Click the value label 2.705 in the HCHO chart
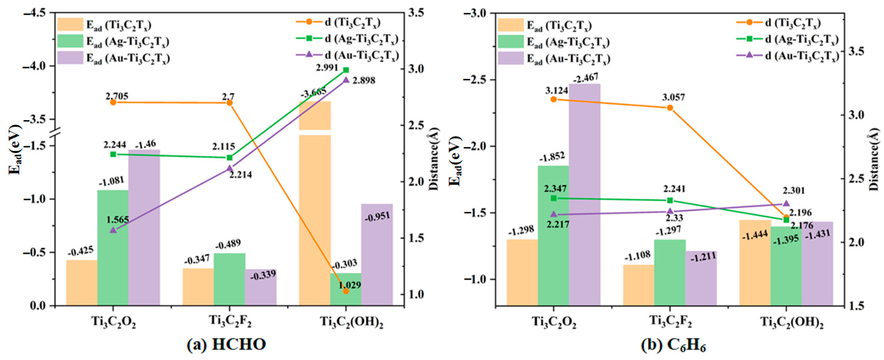coord(117,96)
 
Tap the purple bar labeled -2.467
coord(585,192)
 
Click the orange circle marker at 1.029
coord(346,291)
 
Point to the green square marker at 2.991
coord(346,70)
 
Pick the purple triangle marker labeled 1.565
coord(113,230)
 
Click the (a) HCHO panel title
coord(227,344)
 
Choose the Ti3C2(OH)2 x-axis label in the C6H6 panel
coord(792,322)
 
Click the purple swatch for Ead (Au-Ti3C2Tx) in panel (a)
coord(70,57)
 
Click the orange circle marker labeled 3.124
coord(554,100)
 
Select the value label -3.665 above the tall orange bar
coord(313,93)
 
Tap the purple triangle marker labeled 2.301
coord(786,203)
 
